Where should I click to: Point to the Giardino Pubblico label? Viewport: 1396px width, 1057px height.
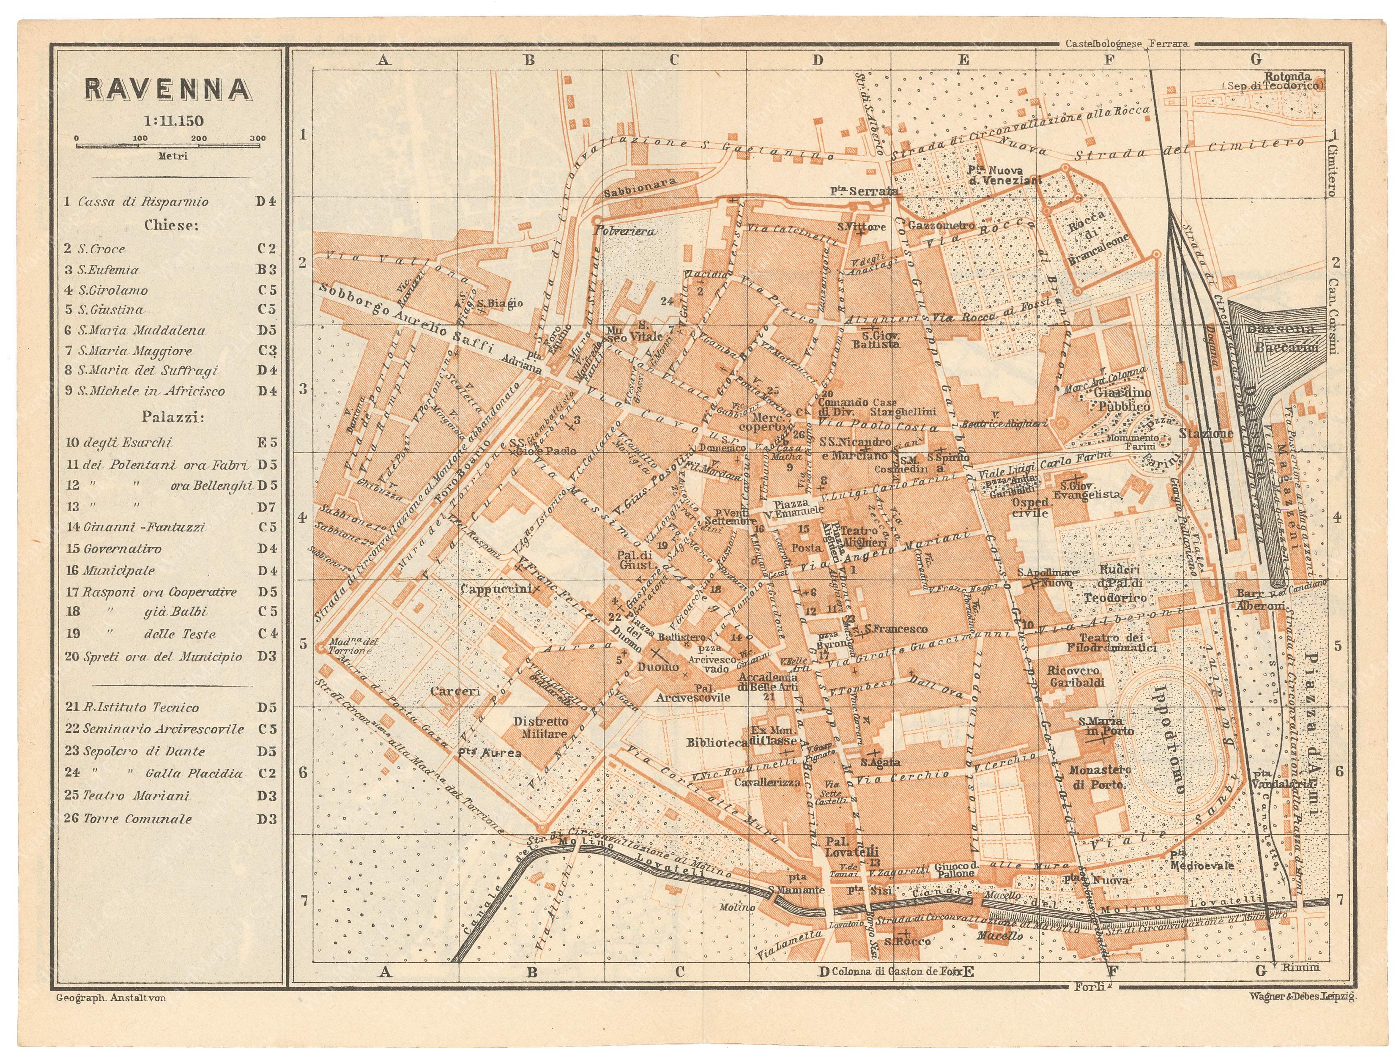[x=1116, y=400]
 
